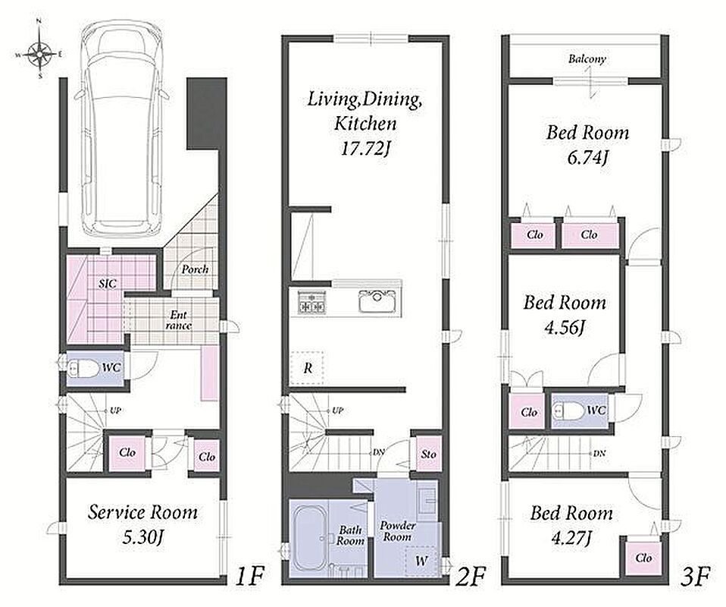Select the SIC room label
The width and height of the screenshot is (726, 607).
coord(107,283)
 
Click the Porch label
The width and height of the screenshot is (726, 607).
coord(195,269)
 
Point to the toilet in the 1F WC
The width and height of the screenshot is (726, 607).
coord(82,369)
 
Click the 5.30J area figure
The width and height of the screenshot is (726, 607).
coord(143,538)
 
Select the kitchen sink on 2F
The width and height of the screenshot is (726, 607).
coord(378,302)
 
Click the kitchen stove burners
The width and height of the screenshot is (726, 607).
coord(311,302)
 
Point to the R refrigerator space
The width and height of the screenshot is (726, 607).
coord(307,369)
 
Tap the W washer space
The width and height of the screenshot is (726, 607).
coord(421,561)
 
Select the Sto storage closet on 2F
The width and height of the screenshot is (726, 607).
coord(428,454)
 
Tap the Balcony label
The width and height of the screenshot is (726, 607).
coord(587,59)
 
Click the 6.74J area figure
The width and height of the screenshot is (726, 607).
coord(587,158)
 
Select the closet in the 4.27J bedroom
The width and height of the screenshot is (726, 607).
coord(643,558)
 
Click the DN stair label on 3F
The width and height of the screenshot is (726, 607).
coord(599,454)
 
